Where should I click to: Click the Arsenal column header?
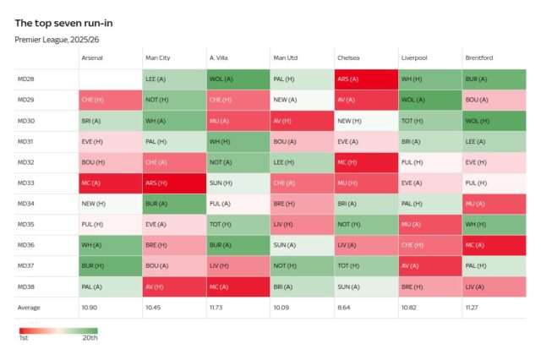[x=92, y=57]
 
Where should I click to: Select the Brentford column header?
[x=478, y=57]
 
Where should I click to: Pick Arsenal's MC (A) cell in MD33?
[x=110, y=183]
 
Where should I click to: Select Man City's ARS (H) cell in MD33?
[x=173, y=183]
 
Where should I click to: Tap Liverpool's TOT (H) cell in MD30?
[x=429, y=121]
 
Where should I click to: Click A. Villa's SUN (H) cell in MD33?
[x=238, y=183]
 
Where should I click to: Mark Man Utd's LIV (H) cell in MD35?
[x=302, y=224]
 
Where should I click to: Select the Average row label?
[x=30, y=307]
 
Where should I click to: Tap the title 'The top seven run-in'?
[x=63, y=23]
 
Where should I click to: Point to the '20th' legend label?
[x=90, y=338]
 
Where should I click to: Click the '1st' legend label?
[x=24, y=338]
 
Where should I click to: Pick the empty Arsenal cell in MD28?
[x=110, y=79]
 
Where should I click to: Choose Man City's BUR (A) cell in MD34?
[x=173, y=204]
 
